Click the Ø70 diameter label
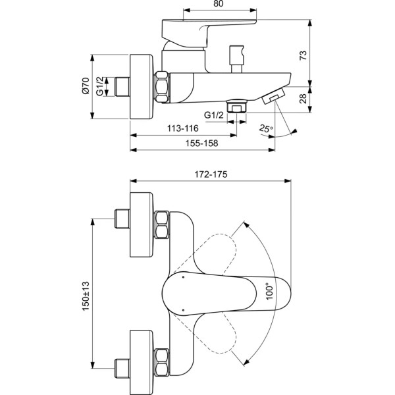pos(86,87)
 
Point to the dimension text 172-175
pos(211,174)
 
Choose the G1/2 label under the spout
pos(214,115)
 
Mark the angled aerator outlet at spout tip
pos(273,97)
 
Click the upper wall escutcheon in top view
pos(142,220)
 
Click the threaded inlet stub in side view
pos(122,87)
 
